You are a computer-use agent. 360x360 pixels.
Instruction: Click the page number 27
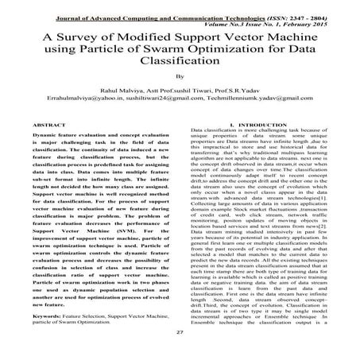(x=180, y=353)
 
